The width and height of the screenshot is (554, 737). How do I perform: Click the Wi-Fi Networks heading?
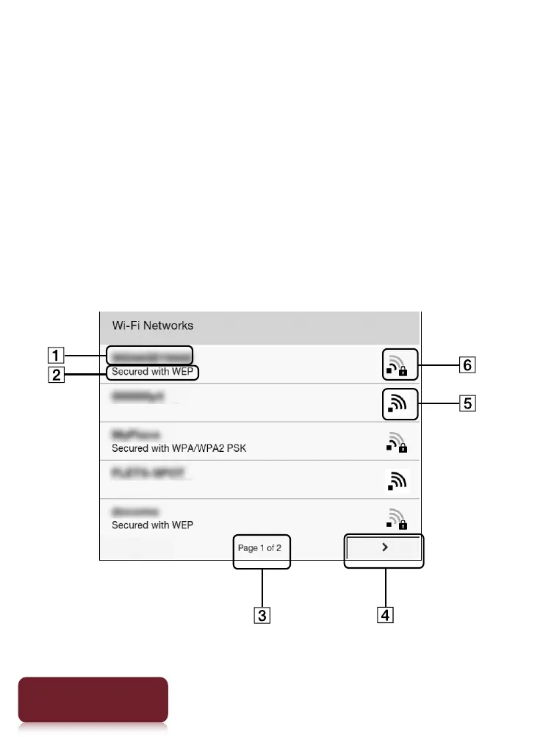pyautogui.click(x=152, y=325)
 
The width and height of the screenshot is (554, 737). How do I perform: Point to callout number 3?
pyautogui.click(x=262, y=614)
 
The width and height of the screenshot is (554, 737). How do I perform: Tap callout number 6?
pyautogui.click(x=467, y=364)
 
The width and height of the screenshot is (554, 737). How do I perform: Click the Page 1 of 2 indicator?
pyautogui.click(x=259, y=548)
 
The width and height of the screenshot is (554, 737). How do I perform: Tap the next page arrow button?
pyautogui.click(x=384, y=548)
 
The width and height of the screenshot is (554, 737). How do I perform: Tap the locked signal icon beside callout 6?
pyautogui.click(x=400, y=364)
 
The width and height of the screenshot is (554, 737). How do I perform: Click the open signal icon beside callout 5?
pyautogui.click(x=400, y=403)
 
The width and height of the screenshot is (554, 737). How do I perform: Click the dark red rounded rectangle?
pyautogui.click(x=93, y=700)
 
